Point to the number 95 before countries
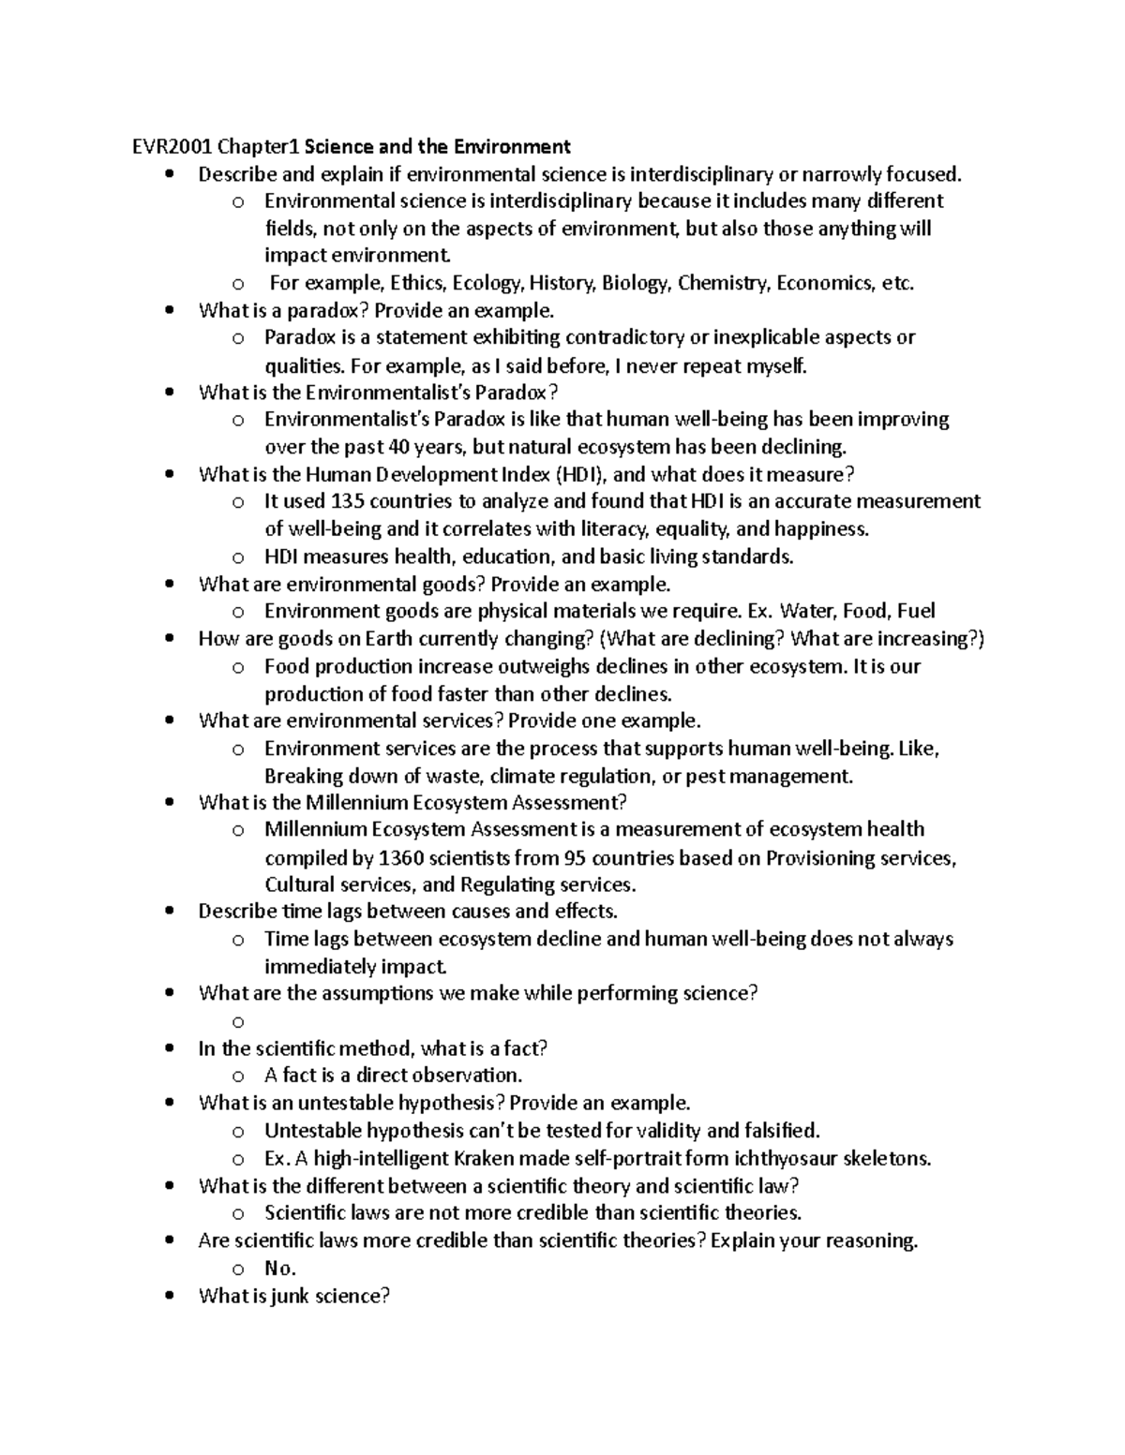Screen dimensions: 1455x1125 574,857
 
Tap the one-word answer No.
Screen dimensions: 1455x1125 279,1269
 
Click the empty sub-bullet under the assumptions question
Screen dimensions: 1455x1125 238,1021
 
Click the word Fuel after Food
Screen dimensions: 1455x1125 916,611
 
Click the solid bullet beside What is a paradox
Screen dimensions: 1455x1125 170,311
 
